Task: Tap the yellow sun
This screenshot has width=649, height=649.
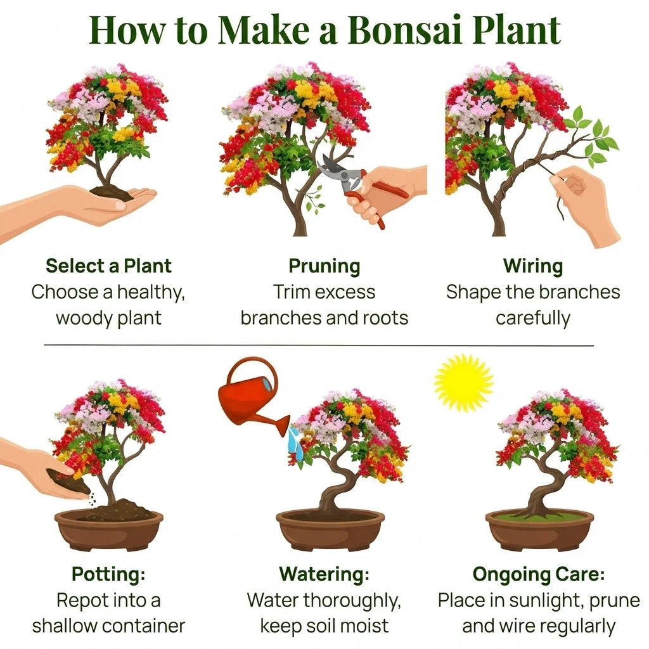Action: [x=463, y=383]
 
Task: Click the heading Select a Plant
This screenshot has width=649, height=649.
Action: [x=108, y=266]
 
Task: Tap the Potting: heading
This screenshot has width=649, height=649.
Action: [x=108, y=574]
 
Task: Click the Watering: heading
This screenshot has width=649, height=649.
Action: [x=324, y=574]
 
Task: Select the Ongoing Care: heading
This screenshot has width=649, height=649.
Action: [x=539, y=574]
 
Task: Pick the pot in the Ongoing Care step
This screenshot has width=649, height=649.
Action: [x=539, y=530]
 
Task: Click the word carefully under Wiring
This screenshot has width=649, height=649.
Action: [x=533, y=319]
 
